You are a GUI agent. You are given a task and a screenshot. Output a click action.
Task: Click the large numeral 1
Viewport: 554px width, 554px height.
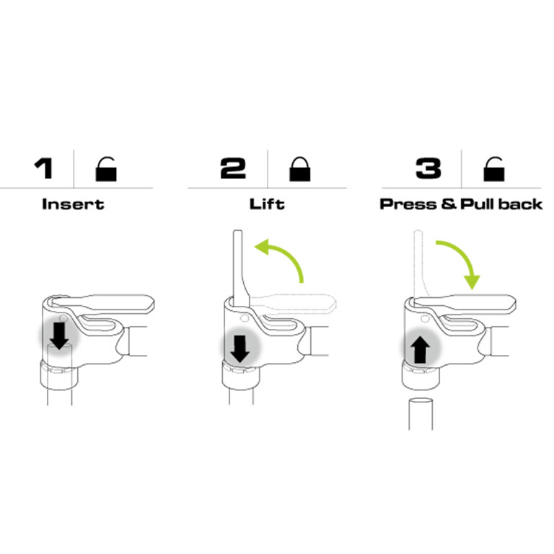click(44, 168)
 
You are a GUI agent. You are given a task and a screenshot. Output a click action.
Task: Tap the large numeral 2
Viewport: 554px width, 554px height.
click(233, 168)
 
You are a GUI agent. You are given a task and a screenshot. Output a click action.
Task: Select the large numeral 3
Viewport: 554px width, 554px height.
click(428, 168)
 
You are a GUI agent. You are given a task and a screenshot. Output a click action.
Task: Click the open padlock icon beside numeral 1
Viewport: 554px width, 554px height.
click(106, 169)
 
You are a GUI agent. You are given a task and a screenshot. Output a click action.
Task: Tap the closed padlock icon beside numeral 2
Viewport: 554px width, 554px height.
click(299, 169)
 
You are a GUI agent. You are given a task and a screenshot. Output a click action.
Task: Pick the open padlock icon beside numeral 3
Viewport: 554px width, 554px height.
click(493, 169)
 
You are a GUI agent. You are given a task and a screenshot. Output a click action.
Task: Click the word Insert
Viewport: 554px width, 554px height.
click(73, 204)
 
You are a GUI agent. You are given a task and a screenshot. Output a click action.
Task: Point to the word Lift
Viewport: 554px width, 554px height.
click(267, 204)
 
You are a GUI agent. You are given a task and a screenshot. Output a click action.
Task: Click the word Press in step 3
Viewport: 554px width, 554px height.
click(408, 204)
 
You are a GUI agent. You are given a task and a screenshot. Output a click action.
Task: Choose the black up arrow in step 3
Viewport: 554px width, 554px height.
click(420, 349)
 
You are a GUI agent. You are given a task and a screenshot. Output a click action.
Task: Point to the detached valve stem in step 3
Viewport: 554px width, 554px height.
click(421, 414)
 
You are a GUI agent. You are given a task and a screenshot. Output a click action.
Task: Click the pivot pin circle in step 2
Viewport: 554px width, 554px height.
click(244, 318)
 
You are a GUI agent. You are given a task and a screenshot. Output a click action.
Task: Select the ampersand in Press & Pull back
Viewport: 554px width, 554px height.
click(449, 204)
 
